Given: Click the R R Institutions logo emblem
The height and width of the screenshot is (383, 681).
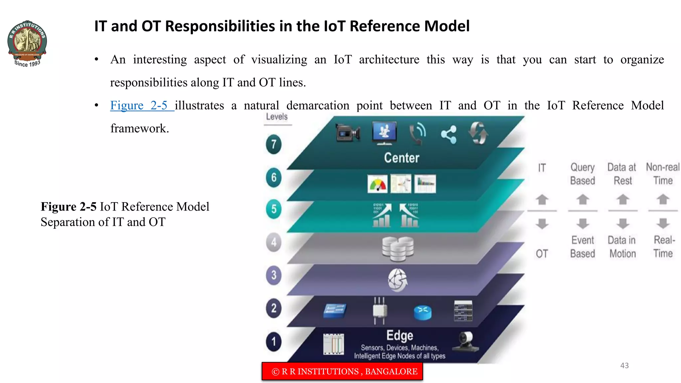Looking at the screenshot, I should pyautogui.click(x=27, y=42).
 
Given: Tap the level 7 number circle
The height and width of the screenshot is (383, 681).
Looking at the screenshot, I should pyautogui.click(x=274, y=145).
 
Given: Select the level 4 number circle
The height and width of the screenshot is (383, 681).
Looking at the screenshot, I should pyautogui.click(x=274, y=242).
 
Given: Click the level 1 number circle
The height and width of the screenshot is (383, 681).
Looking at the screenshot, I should pyautogui.click(x=274, y=341).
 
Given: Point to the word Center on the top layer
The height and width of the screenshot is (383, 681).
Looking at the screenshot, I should pyautogui.click(x=402, y=158).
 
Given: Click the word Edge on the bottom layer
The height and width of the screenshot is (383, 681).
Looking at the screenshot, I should pyautogui.click(x=400, y=335).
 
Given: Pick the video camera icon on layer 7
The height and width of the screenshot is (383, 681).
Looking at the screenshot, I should pyautogui.click(x=347, y=134).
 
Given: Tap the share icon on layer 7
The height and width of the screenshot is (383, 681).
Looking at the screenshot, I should pyautogui.click(x=449, y=135).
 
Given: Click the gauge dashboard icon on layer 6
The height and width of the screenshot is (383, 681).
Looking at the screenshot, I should pyautogui.click(x=377, y=184).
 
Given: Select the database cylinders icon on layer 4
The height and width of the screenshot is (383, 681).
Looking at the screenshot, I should pyautogui.click(x=398, y=249).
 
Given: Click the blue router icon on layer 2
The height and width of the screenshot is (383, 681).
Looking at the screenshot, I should pyautogui.click(x=423, y=312).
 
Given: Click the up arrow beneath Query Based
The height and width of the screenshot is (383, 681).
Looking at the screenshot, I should pyautogui.click(x=583, y=199).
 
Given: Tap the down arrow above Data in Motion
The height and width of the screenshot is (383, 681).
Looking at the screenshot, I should pyautogui.click(x=622, y=223).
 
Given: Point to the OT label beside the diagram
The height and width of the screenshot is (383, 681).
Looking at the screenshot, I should pyautogui.click(x=542, y=254).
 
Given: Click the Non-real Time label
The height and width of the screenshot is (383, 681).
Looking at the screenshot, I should pyautogui.click(x=663, y=174).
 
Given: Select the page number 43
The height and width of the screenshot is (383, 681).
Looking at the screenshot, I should pyautogui.click(x=624, y=365).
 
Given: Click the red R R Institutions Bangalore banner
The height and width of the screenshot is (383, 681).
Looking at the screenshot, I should pyautogui.click(x=342, y=371).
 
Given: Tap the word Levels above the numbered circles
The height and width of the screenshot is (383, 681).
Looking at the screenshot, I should pyautogui.click(x=277, y=117).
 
